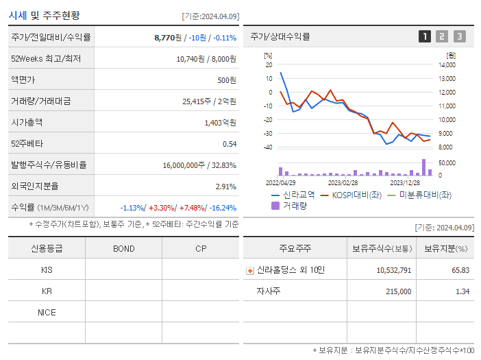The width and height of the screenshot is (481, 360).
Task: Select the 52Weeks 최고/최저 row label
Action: point(45,59)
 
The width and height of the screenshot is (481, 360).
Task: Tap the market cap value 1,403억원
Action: point(220,123)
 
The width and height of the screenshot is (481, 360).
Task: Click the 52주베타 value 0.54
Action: point(229,144)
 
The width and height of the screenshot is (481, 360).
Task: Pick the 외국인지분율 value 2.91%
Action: point(225,187)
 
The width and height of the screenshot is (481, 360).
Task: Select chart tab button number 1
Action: point(425,36)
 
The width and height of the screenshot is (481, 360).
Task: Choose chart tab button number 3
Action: point(459,36)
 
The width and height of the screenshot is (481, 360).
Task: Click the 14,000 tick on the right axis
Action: point(446,65)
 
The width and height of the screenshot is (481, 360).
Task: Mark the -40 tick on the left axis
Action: point(268,147)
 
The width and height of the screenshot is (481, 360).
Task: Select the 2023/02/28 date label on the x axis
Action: point(343,183)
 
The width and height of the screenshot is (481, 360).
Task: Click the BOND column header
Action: point(123,248)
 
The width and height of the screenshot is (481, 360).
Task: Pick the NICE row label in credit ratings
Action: point(47,313)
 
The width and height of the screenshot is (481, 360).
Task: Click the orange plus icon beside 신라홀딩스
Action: point(249,270)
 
